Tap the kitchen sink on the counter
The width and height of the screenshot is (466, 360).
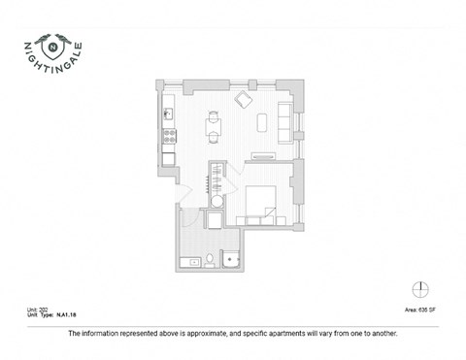167,113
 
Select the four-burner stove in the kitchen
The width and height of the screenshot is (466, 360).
167,136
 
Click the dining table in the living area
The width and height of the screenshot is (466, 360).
214,123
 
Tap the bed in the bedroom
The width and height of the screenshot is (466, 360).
264,201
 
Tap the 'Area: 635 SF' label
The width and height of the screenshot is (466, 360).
419,311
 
